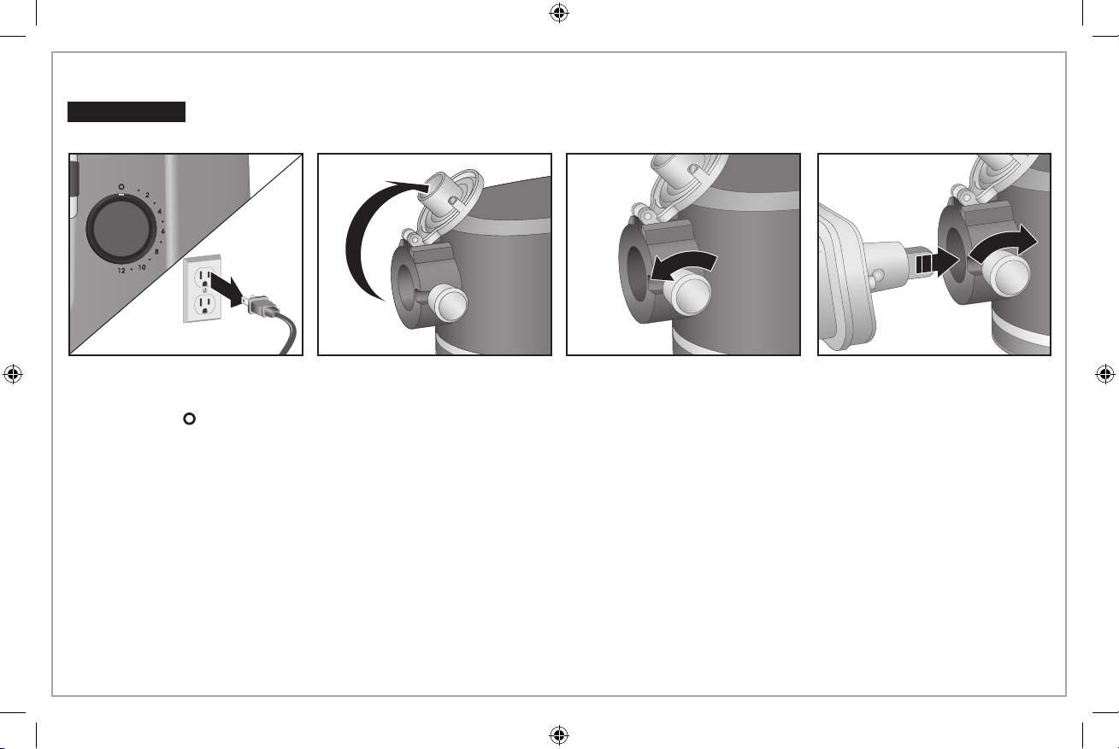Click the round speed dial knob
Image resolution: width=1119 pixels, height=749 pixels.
click(121, 229)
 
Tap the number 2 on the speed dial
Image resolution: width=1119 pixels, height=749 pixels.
click(147, 195)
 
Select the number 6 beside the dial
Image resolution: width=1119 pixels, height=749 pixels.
click(163, 231)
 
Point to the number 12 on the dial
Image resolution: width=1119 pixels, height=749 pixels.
click(121, 271)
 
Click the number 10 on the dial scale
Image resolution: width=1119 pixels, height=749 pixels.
click(142, 267)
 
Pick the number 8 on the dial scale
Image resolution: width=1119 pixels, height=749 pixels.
click(156, 252)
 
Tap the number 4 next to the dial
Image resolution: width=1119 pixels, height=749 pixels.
click(159, 212)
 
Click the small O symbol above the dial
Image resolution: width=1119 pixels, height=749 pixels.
click(121, 187)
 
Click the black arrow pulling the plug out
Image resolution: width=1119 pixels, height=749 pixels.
click(227, 290)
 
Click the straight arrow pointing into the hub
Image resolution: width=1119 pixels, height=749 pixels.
click(937, 263)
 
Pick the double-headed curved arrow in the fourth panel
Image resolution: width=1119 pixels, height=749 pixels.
click(1003, 245)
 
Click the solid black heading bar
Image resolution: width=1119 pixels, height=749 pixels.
click(127, 112)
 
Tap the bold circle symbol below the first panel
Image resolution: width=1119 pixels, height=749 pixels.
click(189, 418)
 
